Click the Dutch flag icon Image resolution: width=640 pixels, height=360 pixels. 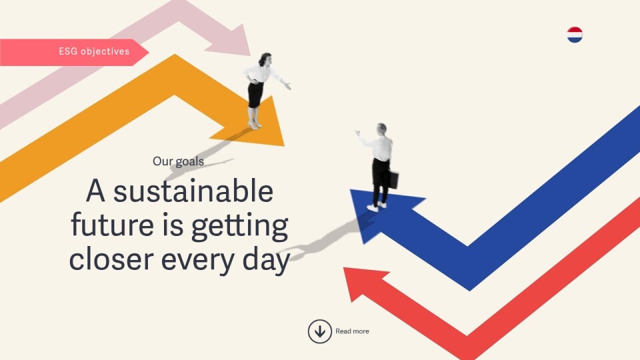575,35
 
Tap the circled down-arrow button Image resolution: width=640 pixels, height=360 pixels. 319,331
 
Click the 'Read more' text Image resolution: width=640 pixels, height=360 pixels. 352,331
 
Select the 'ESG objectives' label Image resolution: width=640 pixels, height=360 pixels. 94,51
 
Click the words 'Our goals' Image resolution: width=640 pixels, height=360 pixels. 179,161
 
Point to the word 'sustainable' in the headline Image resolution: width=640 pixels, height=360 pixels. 193,191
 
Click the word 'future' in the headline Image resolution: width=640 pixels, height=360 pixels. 113,225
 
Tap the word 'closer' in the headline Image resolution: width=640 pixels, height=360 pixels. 111,259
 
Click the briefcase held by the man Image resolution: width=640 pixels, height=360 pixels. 393,179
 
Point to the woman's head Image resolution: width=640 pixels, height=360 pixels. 265,59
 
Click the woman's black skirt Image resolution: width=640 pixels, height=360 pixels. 255,95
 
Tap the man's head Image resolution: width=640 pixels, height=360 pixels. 381,129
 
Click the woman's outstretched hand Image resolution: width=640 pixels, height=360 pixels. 287,85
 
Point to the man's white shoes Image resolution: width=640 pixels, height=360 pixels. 377,207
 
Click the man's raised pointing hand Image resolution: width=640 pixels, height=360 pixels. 358,133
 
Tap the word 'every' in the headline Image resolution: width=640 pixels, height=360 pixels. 198,261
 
